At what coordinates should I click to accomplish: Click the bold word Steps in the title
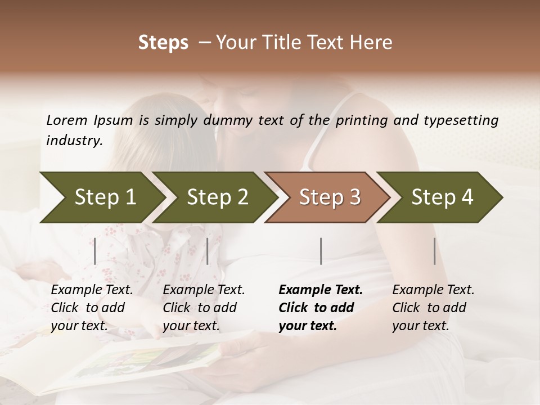(163, 43)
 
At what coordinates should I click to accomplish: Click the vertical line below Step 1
(95, 251)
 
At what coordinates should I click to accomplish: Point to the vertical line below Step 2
(208, 251)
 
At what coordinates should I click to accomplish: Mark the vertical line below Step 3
(321, 251)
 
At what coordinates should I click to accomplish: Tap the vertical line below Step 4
(434, 251)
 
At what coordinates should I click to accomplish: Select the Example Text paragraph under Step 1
(92, 308)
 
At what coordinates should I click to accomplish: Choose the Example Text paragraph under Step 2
(204, 308)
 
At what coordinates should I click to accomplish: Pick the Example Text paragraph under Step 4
(433, 308)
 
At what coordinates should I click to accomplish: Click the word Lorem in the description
(67, 120)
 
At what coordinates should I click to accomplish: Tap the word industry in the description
(74, 141)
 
